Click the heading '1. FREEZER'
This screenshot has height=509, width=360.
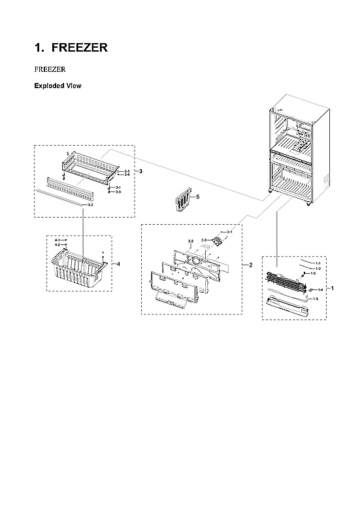pos(71,48)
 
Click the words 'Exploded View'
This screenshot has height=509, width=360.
pos(57,86)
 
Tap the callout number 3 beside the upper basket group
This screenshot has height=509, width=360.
pos(140,171)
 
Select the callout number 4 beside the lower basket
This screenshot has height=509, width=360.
pos(118,263)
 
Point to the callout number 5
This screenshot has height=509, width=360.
pos(198,196)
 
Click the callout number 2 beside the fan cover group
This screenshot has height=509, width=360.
pos(250,265)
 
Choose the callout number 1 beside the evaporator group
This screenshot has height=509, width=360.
pos(333,287)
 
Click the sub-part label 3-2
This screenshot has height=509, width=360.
pos(90,205)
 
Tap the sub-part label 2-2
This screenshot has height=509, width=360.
pos(191,242)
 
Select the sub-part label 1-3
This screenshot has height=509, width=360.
pos(316,299)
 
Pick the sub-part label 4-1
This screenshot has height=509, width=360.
pos(57,240)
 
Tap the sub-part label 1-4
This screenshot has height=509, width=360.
pos(320,289)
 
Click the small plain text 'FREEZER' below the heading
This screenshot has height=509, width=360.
pos(49,68)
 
